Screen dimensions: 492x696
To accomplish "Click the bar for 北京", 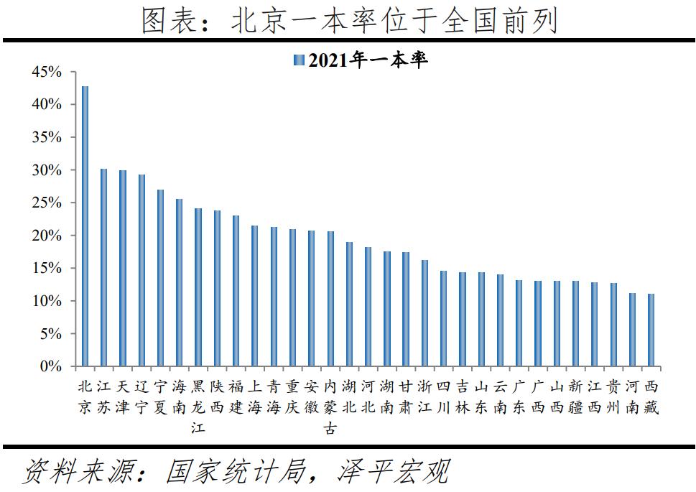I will (x=85, y=226).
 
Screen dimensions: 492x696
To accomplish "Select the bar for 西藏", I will (x=651, y=330).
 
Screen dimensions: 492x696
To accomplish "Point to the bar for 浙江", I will (x=424, y=313).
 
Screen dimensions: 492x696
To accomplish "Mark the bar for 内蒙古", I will (x=330, y=299).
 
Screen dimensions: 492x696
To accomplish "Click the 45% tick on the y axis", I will (x=47, y=72).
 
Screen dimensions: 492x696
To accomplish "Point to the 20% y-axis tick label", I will (x=47, y=236).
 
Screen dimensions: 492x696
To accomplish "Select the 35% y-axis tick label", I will (x=47, y=137).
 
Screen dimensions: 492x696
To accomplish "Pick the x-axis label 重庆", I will (x=292, y=397).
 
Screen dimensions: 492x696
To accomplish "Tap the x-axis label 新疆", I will (x=575, y=397).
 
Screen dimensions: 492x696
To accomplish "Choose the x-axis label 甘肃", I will (x=406, y=397).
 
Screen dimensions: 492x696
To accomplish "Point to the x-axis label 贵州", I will (x=613, y=397).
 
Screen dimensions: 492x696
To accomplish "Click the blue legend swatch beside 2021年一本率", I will (x=300, y=60).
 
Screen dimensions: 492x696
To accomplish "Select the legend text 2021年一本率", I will (x=368, y=60).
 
